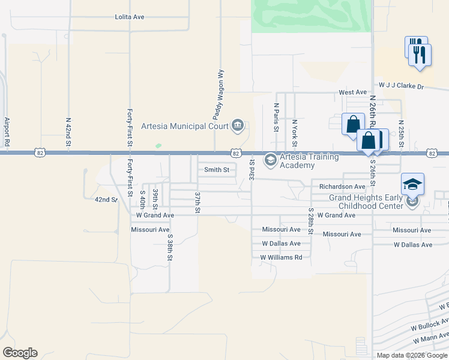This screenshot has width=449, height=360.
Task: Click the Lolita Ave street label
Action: [130, 17]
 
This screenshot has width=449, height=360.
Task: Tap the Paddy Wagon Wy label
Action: [219, 93]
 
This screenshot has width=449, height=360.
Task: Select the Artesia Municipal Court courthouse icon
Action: [238, 126]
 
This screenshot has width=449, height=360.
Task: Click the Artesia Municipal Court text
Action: [185, 126]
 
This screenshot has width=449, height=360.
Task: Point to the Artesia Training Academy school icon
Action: [270, 158]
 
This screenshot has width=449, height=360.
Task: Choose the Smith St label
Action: [217, 170]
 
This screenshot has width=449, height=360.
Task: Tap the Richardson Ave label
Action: [342, 187]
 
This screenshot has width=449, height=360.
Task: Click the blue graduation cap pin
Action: [412, 184]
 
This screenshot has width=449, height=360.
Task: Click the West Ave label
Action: [352, 92]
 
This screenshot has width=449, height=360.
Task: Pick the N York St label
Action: [294, 133]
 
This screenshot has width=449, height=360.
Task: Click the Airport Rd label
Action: [7, 132]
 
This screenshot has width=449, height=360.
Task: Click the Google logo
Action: [20, 353]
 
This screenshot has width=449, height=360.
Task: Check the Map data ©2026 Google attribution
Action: [412, 355]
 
